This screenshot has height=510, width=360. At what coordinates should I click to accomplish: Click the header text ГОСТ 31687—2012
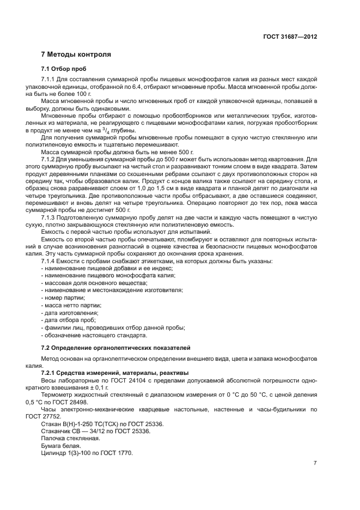coord(289,37)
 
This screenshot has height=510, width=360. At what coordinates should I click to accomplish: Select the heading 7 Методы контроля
coord(76,55)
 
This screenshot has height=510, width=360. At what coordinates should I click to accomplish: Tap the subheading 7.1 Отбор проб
coord(63,69)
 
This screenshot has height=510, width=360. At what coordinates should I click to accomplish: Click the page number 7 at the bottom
coord(315,463)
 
